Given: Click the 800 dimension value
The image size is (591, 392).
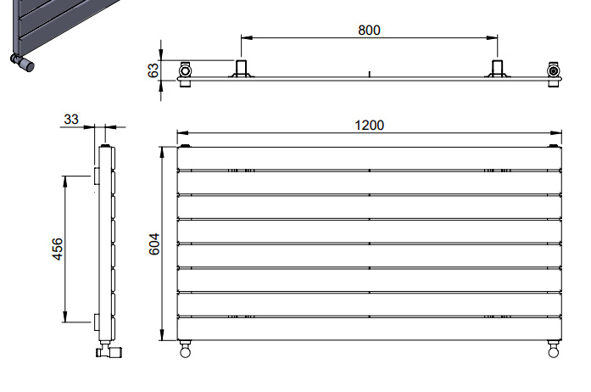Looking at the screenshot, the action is (369, 30).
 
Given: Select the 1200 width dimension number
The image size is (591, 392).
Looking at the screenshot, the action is (369, 126).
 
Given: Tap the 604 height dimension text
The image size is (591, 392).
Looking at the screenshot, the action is (154, 244).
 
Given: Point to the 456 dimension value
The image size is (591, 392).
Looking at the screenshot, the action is (58, 249).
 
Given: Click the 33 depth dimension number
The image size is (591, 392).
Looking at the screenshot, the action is (71, 120).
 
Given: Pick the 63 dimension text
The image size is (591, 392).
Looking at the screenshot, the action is (153, 70).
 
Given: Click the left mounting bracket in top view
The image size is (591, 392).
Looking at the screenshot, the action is (241, 69).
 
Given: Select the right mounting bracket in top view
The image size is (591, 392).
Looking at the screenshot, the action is (497, 69).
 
